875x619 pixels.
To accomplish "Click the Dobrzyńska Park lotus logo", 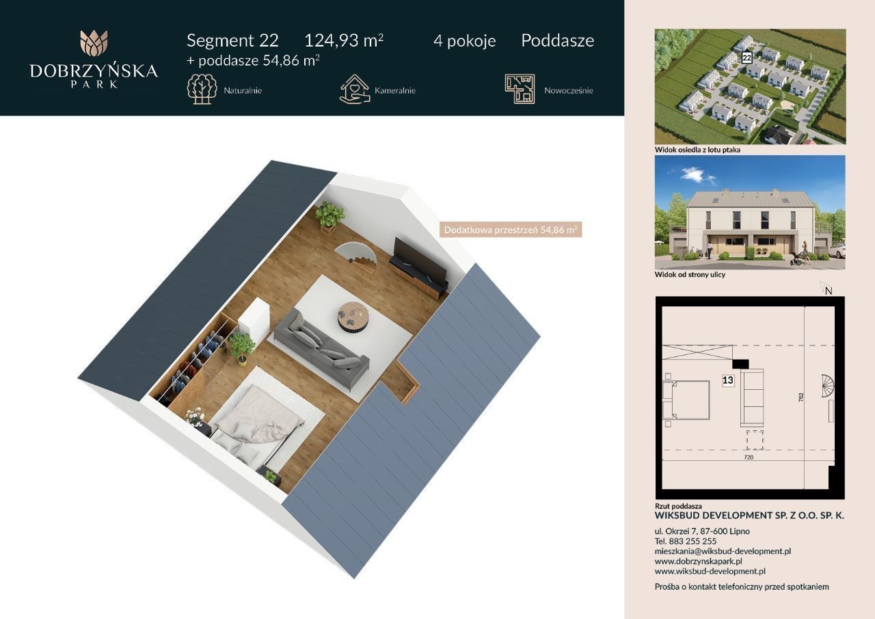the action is pos(94,43).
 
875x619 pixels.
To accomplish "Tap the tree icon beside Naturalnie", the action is pos(202,90).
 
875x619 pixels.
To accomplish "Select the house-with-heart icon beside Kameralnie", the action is pos(354,90).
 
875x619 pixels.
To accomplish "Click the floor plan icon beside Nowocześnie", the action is pos(520,89).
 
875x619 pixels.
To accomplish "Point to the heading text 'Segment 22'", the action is pos(232,40).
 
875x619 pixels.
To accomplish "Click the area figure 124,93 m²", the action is pos(344,40).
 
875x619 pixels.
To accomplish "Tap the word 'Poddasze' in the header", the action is pos(557,40).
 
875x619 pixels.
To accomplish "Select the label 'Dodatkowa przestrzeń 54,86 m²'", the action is pos(511,230).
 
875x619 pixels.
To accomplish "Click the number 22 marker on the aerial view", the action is pos(746,58).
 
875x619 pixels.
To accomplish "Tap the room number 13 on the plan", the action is pos(728,380).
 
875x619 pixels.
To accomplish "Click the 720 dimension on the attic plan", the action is pos(749,457).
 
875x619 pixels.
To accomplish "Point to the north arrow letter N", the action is pos(829,291).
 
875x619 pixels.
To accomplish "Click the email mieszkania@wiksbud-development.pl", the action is pos(723,551).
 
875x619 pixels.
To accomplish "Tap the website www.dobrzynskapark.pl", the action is pos(699,561).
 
